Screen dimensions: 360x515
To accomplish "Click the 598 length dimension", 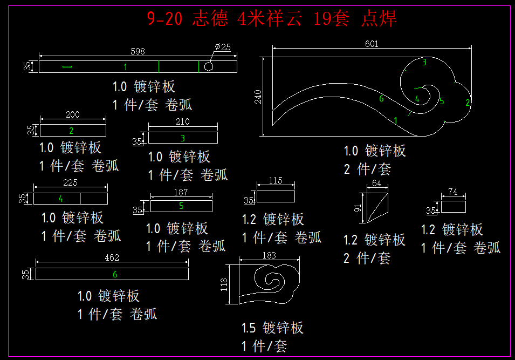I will click(138, 52).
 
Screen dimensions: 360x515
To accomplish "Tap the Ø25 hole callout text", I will click(223, 47).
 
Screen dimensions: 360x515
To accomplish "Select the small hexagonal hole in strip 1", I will click(209, 66).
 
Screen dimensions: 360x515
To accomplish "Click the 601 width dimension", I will click(372, 44).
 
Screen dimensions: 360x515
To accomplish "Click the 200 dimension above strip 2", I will click(72, 114).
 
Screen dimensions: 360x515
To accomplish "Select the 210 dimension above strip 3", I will click(183, 122).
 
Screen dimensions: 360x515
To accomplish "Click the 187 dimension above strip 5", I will click(181, 192).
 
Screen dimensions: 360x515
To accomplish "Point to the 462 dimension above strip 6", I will click(112, 258).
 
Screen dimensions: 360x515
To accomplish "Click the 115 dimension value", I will click(276, 181).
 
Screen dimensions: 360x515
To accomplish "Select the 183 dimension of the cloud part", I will click(268, 255).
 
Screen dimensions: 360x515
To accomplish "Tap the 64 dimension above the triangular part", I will click(376, 184).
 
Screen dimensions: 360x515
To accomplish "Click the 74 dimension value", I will click(453, 192).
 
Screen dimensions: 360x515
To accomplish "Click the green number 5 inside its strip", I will click(181, 206).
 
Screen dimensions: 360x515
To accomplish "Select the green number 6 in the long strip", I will click(115, 274).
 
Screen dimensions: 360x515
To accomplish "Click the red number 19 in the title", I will click(321, 19).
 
